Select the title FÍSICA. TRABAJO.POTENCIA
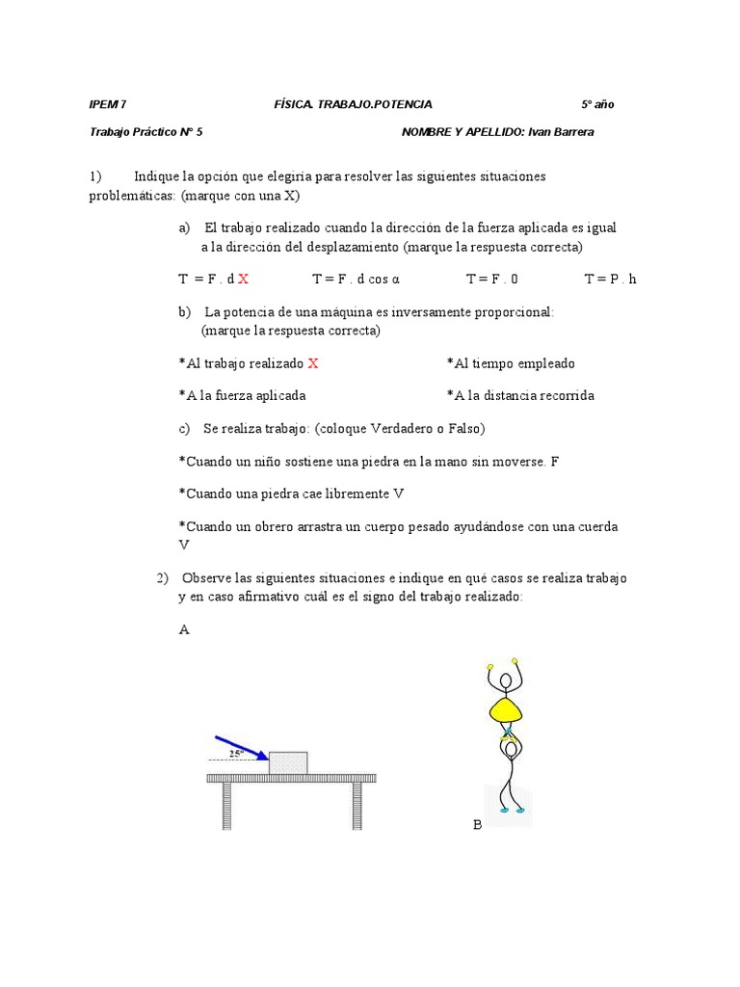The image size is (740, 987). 353,104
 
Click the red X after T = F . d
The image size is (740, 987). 244,279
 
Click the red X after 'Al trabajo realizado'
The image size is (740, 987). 313,363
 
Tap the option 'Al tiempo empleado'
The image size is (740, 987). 511,363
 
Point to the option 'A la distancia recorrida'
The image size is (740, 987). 520,395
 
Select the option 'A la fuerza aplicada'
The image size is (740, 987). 243,395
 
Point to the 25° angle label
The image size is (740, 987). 235,754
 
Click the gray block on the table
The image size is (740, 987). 288,762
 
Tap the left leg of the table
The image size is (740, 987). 228,806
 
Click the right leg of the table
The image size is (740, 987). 357,806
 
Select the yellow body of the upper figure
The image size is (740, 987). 507,711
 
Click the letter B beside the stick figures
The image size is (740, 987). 477,825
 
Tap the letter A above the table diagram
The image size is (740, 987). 184,630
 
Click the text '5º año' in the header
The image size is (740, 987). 597,104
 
